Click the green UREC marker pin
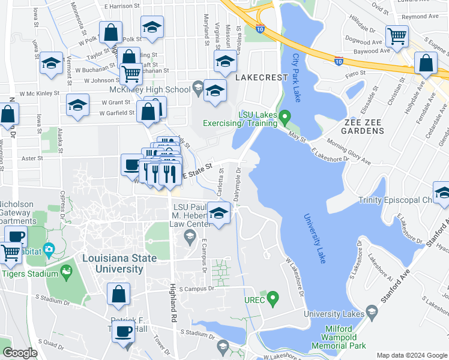274,297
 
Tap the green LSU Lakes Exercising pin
286,115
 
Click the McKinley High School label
161,90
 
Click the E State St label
198,169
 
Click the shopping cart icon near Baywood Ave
397,37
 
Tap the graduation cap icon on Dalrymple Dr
219,213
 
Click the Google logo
20,353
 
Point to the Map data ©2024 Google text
411,355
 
